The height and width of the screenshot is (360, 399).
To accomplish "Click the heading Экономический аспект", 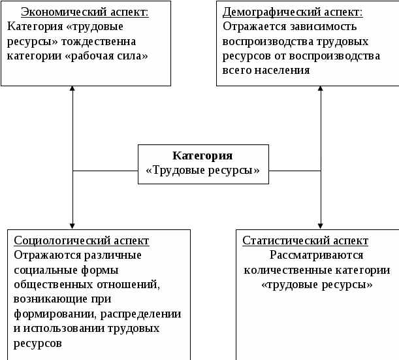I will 84,12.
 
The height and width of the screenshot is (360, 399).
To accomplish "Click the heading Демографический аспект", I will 293,12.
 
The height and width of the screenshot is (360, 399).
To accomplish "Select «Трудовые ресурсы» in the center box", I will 202,171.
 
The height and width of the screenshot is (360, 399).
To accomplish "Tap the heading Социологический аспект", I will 82,240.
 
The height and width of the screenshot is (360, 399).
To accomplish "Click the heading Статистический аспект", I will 305,240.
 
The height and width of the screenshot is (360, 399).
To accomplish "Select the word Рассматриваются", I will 317,255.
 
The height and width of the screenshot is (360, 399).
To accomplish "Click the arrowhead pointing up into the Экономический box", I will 72,90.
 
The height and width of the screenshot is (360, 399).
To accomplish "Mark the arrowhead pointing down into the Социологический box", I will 72,225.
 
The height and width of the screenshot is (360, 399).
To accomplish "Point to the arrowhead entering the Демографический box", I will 320,90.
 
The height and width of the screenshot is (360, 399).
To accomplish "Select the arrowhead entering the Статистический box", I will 320,225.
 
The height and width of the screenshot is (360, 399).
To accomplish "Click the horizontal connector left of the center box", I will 104,171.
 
